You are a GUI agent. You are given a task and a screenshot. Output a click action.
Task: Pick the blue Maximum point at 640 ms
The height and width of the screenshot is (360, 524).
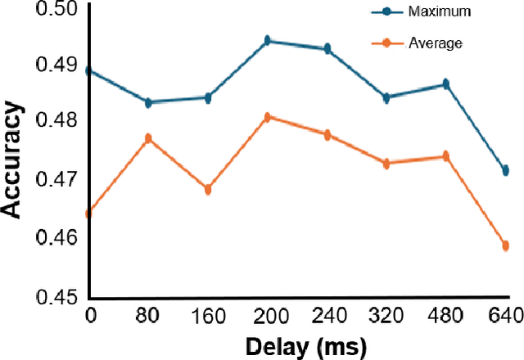tap(505, 170)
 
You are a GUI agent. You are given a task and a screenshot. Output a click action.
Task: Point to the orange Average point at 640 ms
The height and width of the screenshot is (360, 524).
tap(505, 245)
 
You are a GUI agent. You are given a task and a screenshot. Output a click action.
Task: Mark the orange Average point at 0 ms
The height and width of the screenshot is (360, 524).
tap(88, 214)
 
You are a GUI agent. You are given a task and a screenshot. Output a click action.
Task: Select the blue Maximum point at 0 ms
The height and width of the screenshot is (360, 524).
tap(88, 71)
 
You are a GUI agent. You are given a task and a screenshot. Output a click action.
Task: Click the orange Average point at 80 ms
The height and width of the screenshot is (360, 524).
tap(148, 139)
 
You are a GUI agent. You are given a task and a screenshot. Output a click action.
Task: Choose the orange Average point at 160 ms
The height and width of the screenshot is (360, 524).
tap(208, 190)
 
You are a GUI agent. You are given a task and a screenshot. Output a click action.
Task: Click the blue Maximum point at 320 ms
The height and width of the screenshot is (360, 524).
tap(386, 97)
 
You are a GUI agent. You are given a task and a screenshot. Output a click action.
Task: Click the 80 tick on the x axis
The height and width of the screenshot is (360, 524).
tap(148, 315)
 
